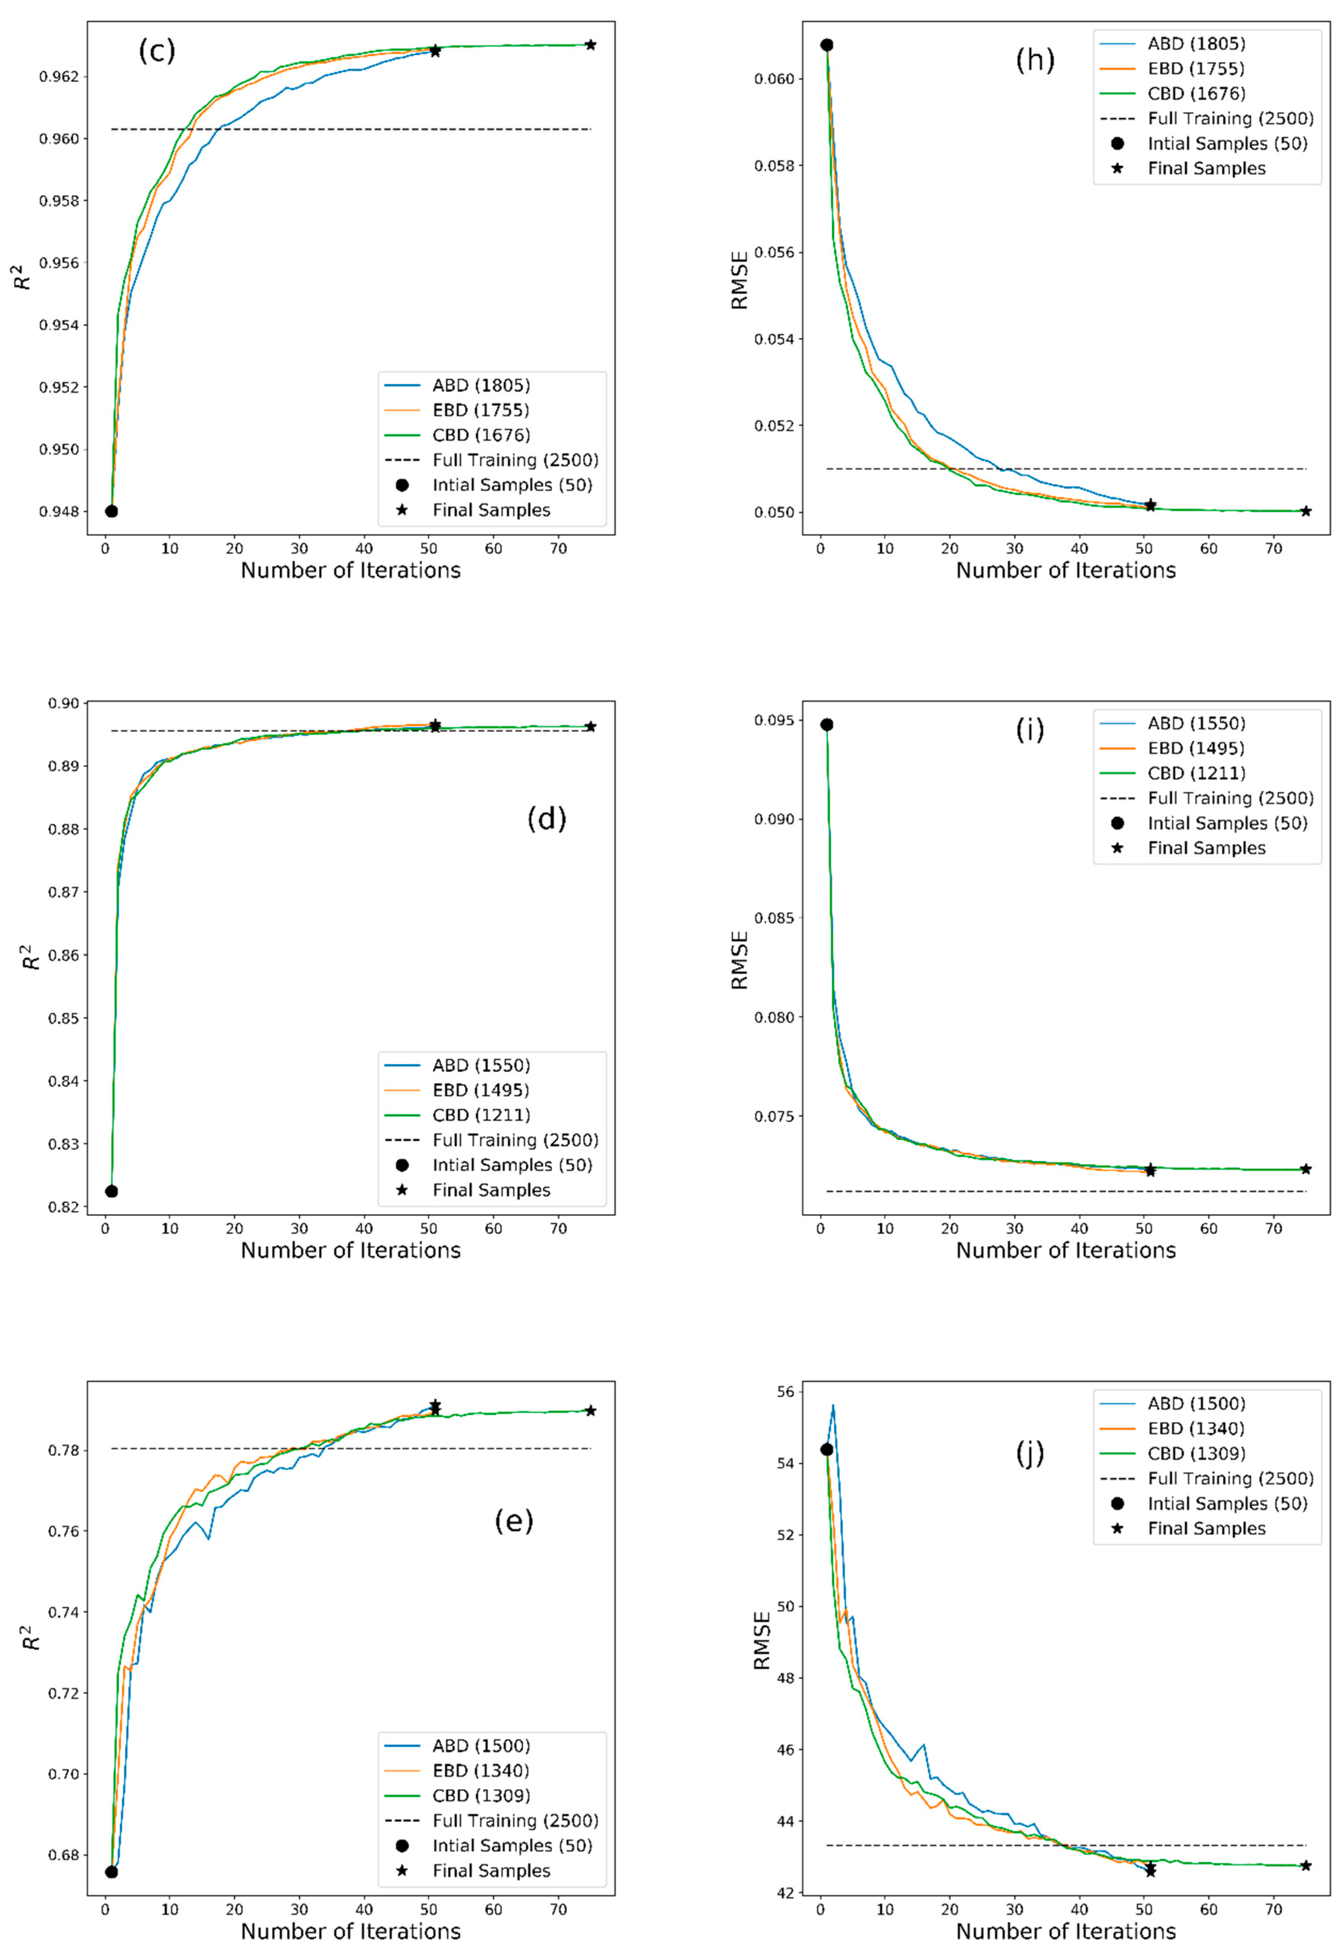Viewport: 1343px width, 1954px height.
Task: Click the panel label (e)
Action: point(513,1521)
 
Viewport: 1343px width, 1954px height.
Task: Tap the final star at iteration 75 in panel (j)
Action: point(1305,1866)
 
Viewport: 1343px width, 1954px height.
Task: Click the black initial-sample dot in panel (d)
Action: point(111,1191)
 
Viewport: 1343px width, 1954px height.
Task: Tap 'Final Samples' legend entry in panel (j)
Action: point(1206,1528)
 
